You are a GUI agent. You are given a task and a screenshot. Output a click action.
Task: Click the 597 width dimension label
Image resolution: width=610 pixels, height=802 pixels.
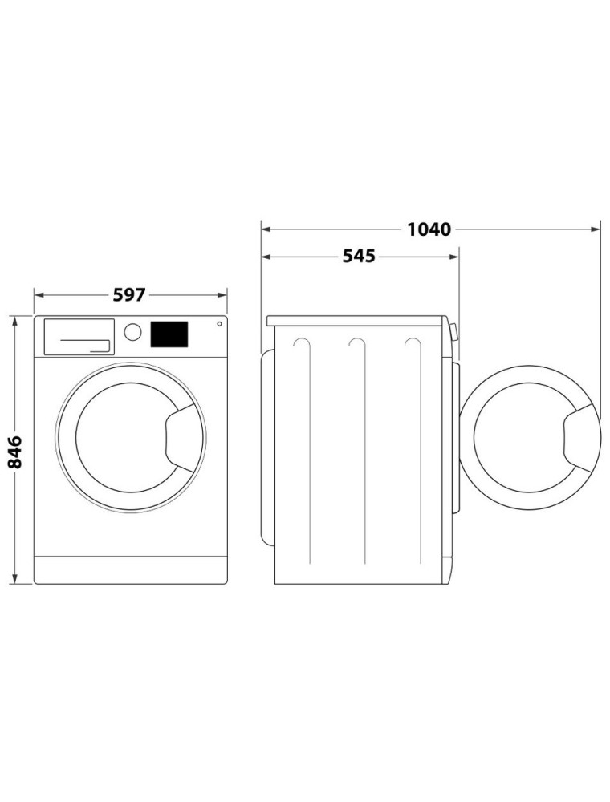pyautogui.click(x=129, y=294)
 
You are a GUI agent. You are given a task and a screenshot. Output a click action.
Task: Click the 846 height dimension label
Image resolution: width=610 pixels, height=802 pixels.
pyautogui.click(x=14, y=452)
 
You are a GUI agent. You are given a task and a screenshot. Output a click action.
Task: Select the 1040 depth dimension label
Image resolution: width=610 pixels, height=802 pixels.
pyautogui.click(x=429, y=229)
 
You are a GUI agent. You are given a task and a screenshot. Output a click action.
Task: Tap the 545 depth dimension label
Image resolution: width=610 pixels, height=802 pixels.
pyautogui.click(x=358, y=256)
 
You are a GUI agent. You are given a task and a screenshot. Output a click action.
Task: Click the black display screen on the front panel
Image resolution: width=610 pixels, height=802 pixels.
pyautogui.click(x=169, y=334)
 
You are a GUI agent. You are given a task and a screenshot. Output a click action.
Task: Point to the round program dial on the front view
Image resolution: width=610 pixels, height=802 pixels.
pyautogui.click(x=132, y=331)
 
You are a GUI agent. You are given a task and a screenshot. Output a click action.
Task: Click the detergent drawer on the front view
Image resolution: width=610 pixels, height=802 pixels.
pyautogui.click(x=79, y=337)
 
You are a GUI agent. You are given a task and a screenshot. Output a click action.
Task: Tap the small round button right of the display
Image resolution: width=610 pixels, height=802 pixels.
pyautogui.click(x=219, y=324)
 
